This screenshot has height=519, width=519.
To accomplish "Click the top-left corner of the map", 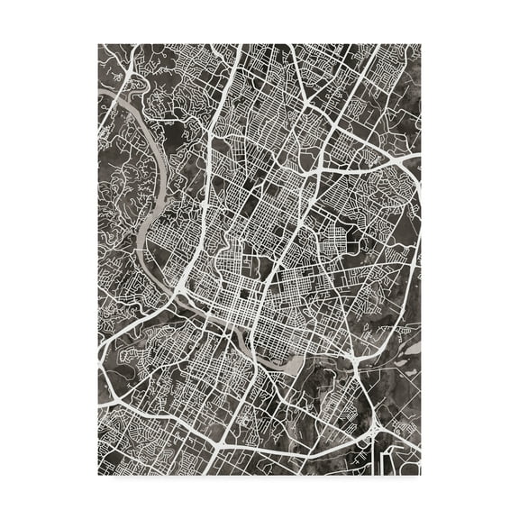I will click(99, 44).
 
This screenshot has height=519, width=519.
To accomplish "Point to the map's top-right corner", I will click(420, 44).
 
